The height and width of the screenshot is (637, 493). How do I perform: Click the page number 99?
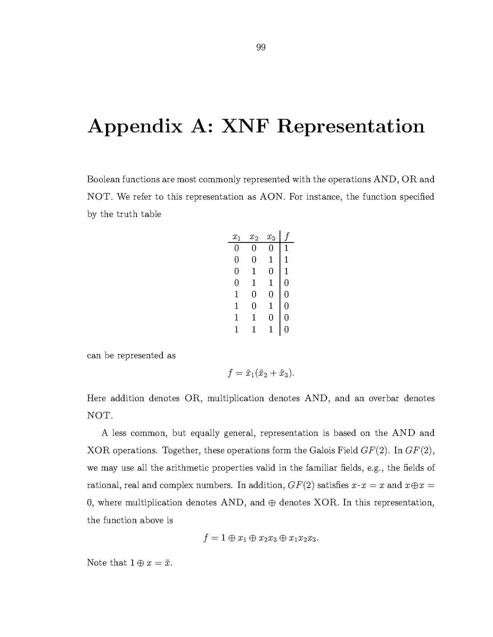261,48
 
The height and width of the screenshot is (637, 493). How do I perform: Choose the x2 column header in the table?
254,237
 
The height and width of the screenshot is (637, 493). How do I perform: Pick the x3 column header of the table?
271,237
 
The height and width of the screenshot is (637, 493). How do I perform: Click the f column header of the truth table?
287,237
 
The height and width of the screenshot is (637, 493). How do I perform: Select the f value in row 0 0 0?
286,248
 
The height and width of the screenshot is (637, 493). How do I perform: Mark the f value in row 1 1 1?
286,330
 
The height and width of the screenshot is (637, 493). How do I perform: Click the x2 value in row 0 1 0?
253,272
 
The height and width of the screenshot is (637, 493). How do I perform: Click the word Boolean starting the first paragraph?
103,180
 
